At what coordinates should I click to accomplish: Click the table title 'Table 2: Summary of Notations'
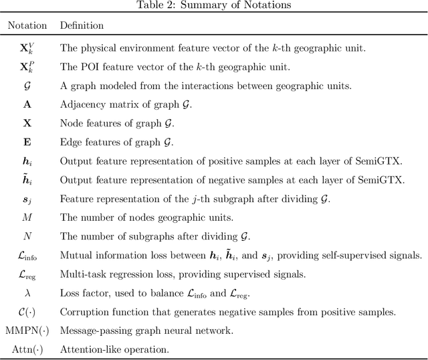tap(213, 6)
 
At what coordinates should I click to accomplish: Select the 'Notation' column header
tap(27, 25)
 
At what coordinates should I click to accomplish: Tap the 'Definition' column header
tap(82, 25)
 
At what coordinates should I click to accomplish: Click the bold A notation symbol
tap(27, 105)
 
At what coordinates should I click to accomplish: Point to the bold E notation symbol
tap(27, 142)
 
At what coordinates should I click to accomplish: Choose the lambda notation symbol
tap(27, 292)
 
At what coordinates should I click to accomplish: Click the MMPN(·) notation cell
tap(27, 330)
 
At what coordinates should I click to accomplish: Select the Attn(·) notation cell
tap(27, 349)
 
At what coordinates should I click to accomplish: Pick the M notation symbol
tap(27, 217)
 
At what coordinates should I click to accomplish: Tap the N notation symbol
tap(27, 236)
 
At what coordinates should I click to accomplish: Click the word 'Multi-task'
tap(80, 274)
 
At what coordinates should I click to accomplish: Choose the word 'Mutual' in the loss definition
tap(74, 255)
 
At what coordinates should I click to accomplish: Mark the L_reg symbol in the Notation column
tap(27, 274)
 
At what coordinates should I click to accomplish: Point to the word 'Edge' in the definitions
tap(70, 142)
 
